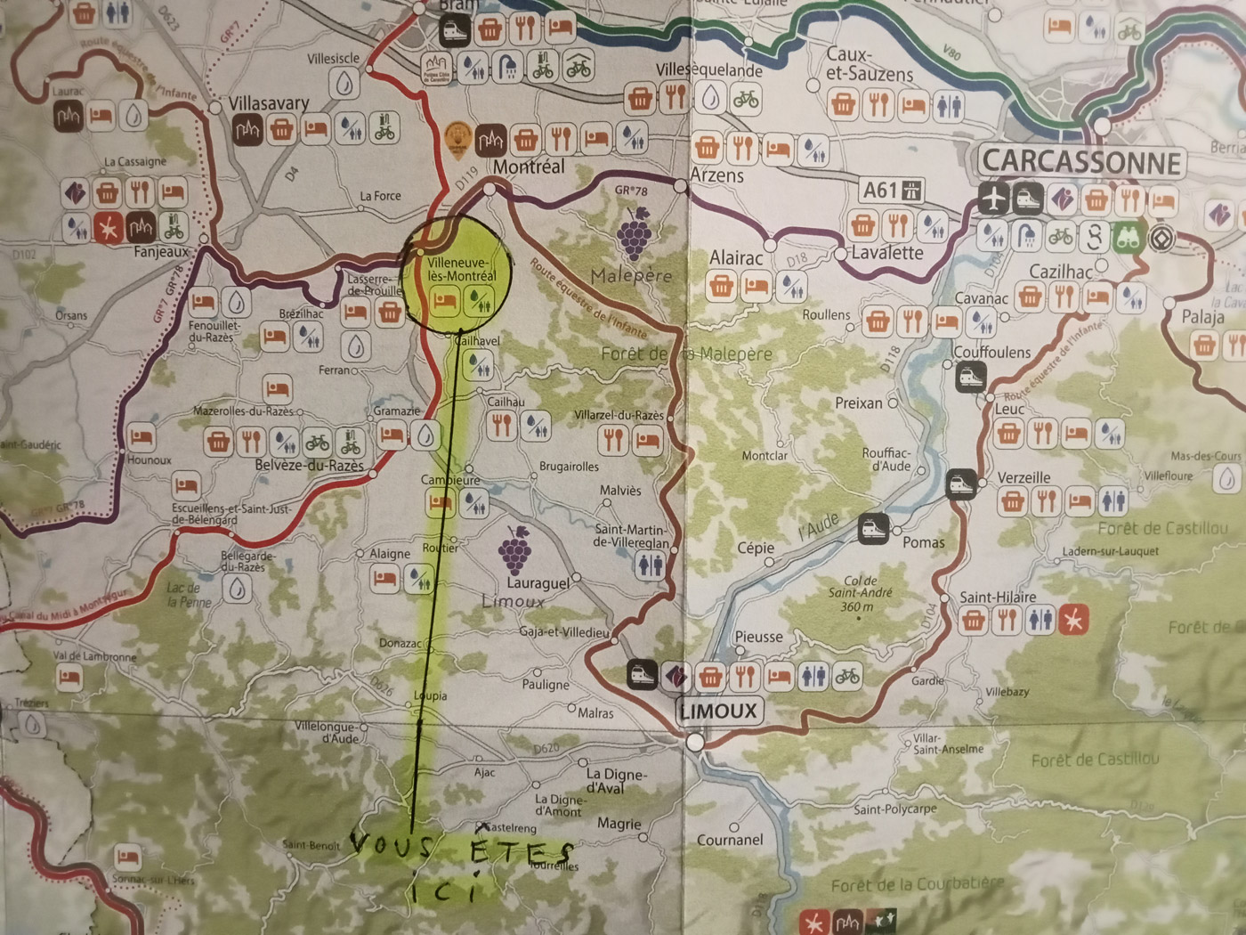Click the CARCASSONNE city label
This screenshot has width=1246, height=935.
click(x=1081, y=162)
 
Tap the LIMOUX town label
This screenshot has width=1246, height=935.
click(x=718, y=711)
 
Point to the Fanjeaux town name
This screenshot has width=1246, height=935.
click(x=161, y=252)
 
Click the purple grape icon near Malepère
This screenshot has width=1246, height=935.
click(x=634, y=234)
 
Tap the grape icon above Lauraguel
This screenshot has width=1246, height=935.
click(x=515, y=549)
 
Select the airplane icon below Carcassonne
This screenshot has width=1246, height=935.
click(x=994, y=199)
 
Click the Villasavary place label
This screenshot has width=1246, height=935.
click(x=269, y=103)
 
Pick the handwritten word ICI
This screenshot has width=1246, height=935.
click(x=445, y=890)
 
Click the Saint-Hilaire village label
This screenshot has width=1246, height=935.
click(x=998, y=597)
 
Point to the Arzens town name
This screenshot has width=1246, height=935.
click(x=716, y=175)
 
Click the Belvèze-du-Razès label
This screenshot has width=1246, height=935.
click(x=309, y=465)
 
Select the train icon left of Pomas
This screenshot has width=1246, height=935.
click(x=873, y=529)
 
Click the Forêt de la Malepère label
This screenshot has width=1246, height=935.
click(x=686, y=354)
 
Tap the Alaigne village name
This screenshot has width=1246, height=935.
click(x=390, y=554)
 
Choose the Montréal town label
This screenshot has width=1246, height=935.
click(x=529, y=167)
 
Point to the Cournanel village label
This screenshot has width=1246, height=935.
click(x=730, y=840)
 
